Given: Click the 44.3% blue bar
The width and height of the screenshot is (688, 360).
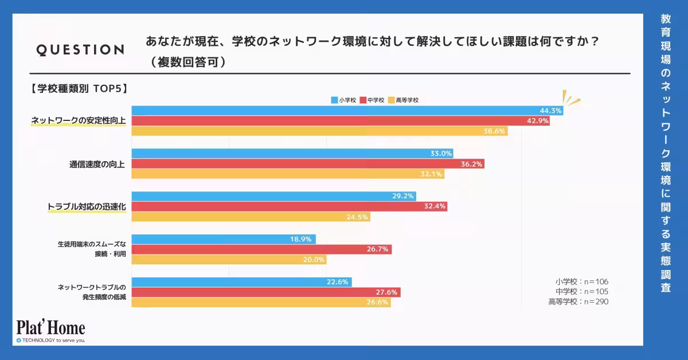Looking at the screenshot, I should coord(347,111).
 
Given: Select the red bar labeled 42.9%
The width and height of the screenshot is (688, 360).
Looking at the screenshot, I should coord(341,121).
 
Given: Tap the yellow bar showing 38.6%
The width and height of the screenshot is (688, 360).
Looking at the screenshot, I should coord(319,131).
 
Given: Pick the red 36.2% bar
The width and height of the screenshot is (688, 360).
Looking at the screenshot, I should coord(308,164).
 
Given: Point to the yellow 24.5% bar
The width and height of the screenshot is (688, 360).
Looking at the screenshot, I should coord(251,217).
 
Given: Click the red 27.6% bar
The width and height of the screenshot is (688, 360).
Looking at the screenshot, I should coord(266,292).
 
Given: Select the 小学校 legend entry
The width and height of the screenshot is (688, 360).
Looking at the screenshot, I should coord(344,100).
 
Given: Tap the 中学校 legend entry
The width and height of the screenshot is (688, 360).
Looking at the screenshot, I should coord(372,100).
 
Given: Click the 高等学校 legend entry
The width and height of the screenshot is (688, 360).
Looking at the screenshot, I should coord(404,100).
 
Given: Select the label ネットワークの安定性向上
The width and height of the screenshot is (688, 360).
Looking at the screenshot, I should coord(79,121).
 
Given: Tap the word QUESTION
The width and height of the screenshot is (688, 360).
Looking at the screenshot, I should coord(80,50).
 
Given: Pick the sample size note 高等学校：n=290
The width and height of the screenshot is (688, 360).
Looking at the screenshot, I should coord(578,302).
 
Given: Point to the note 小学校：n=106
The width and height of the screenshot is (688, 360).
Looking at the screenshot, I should coord(581,281).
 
